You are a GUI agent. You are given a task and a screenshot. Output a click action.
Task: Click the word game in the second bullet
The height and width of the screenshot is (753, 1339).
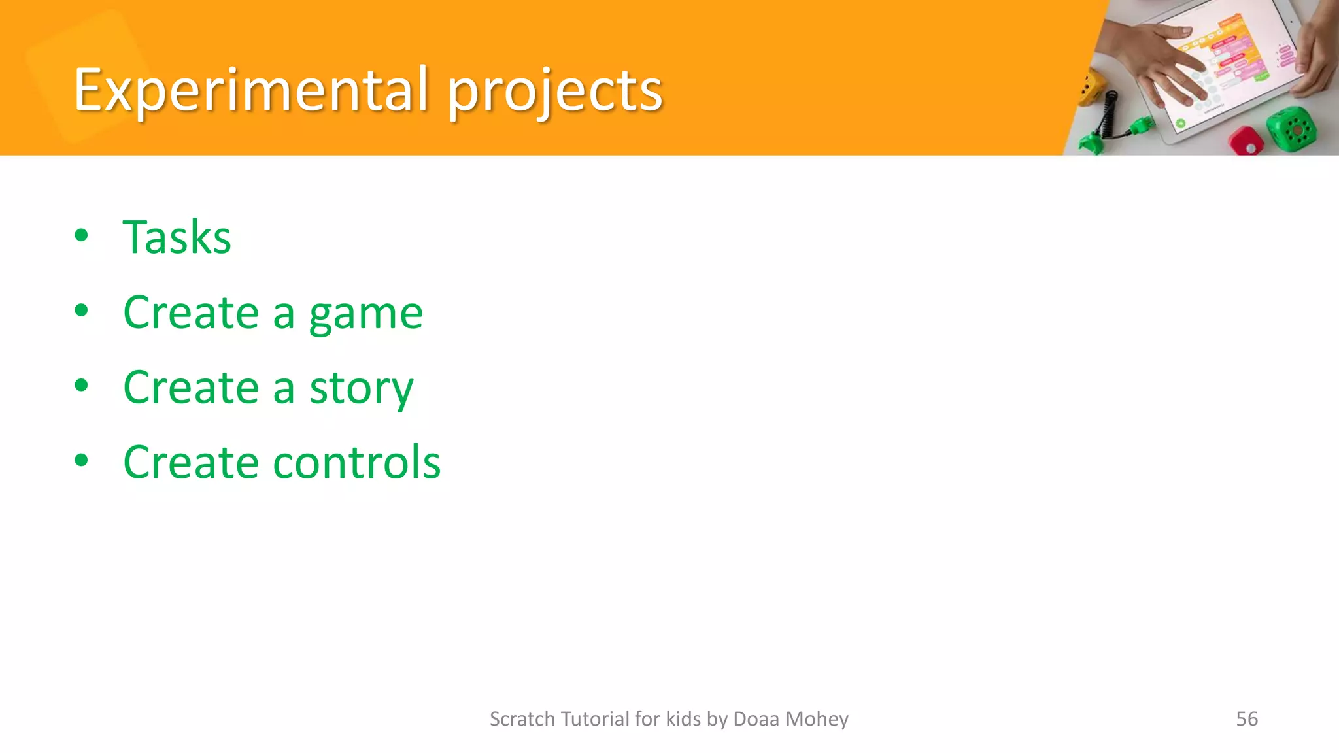(x=365, y=314)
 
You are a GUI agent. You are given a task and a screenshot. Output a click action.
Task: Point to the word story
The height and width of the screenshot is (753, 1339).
(x=361, y=388)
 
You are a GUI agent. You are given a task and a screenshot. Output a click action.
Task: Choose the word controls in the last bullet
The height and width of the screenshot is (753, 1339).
(x=356, y=462)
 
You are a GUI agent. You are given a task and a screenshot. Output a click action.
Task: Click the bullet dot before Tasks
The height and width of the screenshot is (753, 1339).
(x=81, y=235)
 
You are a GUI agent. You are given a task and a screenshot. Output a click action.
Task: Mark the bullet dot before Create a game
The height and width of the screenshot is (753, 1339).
(x=81, y=311)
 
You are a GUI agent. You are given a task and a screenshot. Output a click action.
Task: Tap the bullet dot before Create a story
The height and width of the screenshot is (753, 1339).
(x=81, y=386)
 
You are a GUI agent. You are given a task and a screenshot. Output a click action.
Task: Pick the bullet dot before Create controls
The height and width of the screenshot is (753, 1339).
(x=81, y=460)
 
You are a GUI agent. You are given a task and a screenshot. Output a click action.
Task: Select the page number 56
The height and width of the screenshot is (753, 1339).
(x=1246, y=718)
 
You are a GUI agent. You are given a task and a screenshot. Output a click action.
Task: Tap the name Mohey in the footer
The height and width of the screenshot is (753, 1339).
(x=817, y=718)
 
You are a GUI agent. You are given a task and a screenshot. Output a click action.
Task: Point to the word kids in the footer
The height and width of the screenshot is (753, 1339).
(x=683, y=718)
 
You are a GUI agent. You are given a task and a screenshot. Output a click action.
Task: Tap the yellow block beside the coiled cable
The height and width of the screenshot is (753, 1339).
(x=1090, y=88)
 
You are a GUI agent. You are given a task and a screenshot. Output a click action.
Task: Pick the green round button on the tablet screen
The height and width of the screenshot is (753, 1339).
(x=1180, y=123)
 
